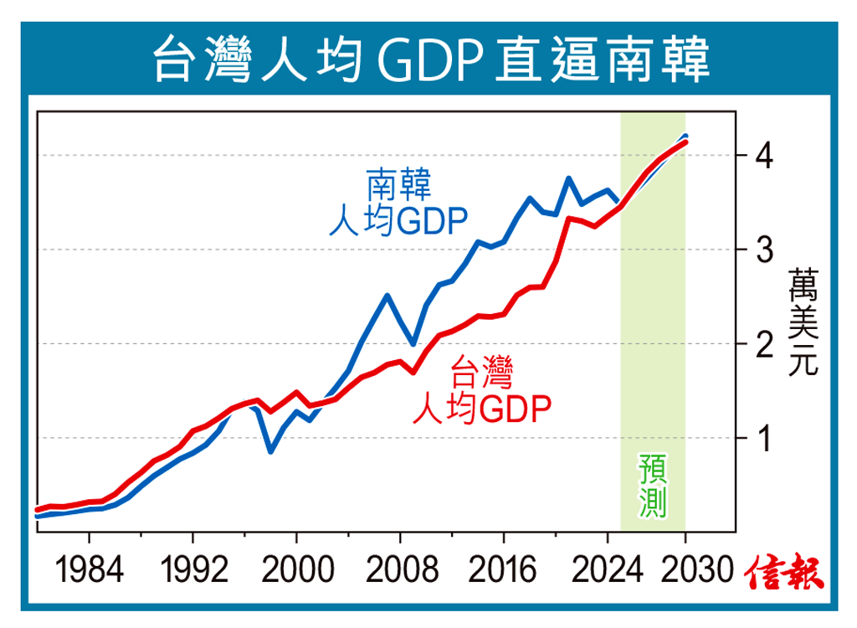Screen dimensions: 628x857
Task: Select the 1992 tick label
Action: click(x=195, y=572)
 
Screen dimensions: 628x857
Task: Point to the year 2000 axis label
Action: click(x=297, y=572)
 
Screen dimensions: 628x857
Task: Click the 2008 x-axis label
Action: click(x=400, y=572)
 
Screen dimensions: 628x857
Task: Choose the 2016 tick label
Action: click(x=503, y=572)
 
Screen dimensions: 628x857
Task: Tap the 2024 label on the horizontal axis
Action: click(x=605, y=572)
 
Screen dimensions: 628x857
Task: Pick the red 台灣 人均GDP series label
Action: click(x=482, y=390)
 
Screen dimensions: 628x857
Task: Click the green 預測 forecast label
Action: click(x=652, y=484)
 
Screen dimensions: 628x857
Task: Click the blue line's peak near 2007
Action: click(x=387, y=295)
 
